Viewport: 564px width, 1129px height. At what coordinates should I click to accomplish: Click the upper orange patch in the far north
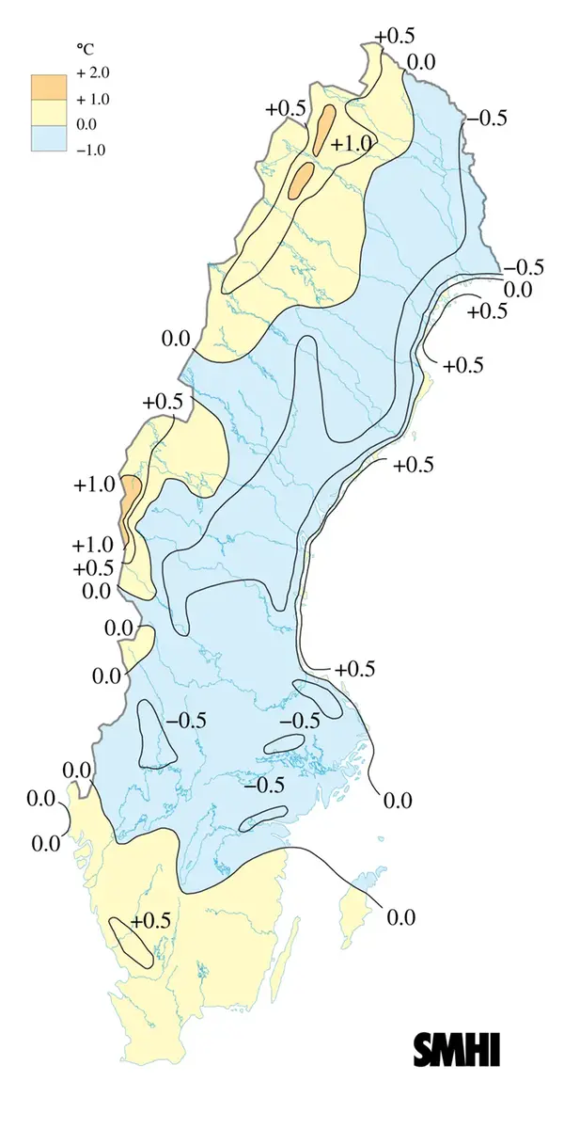pos(325,128)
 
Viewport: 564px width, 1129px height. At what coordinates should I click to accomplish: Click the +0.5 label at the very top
pos(394,36)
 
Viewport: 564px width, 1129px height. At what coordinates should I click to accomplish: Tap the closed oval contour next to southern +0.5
pos(131,942)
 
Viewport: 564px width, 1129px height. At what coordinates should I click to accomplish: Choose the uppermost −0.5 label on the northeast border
pos(487,119)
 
